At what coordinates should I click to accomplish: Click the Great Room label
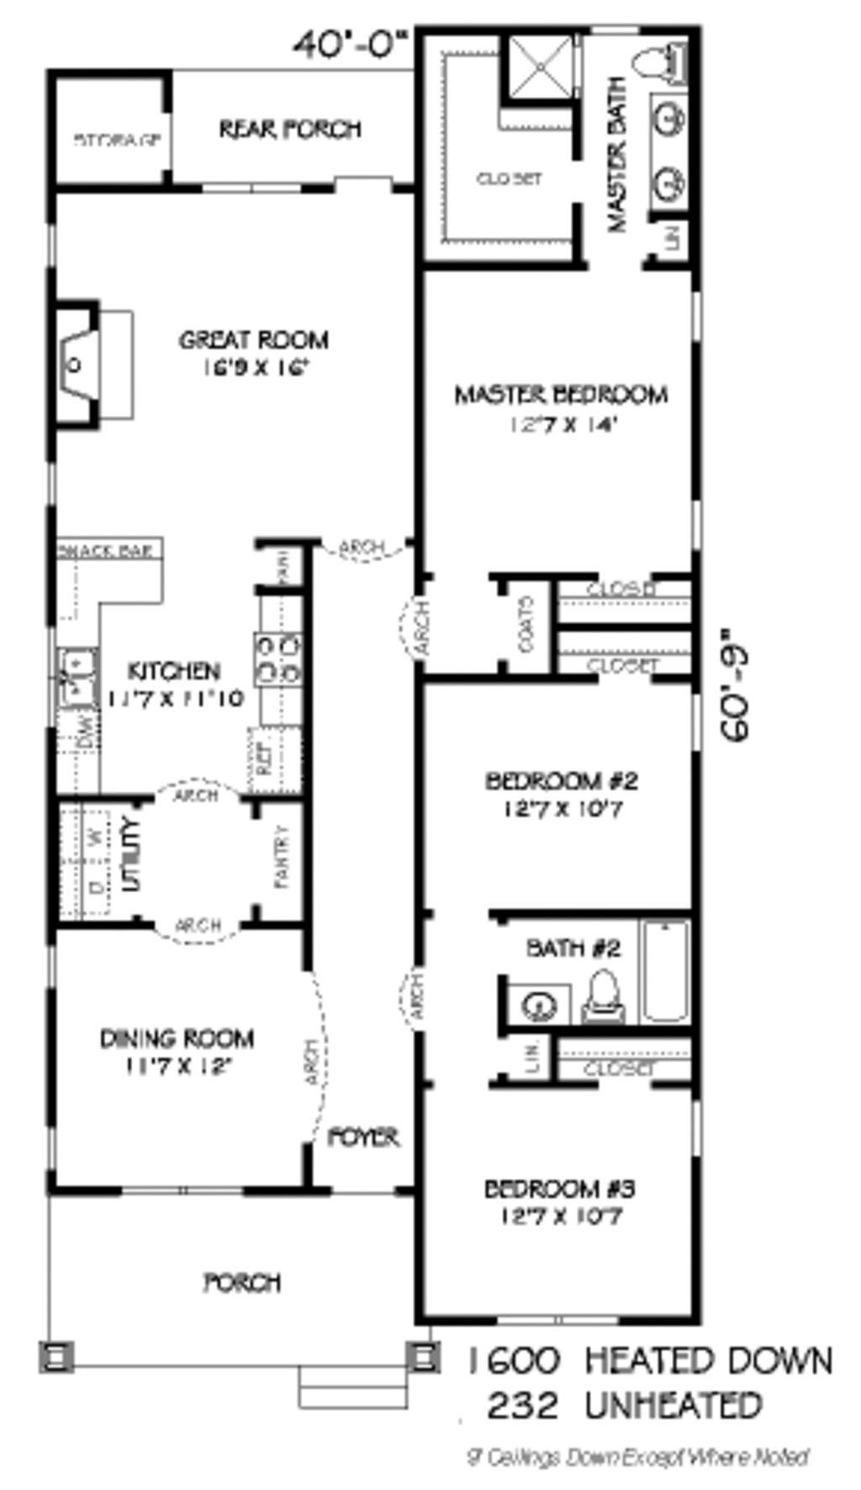(253, 340)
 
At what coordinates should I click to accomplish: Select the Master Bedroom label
(561, 394)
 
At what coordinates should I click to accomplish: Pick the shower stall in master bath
(541, 65)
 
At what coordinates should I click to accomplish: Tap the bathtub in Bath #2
(666, 971)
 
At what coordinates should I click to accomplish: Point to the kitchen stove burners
(277, 659)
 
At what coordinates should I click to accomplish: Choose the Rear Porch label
(290, 129)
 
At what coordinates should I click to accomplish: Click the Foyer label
(362, 1138)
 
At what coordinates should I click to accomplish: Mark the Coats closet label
(527, 625)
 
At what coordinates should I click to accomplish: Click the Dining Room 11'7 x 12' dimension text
(177, 1066)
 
